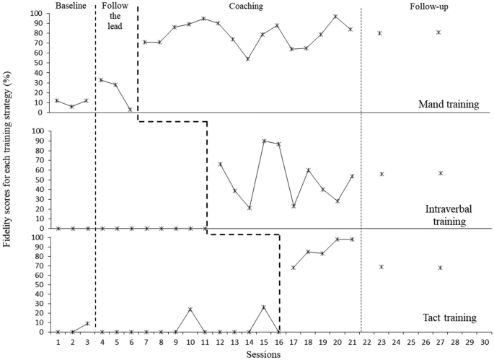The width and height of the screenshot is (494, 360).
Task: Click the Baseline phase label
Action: [x=71, y=6]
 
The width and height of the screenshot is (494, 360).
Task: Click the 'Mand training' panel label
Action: [x=449, y=105]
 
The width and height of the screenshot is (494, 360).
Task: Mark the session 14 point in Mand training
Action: [x=248, y=59]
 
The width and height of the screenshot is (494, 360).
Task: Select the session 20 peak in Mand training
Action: [x=336, y=17]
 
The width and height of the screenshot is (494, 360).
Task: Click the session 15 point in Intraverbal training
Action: [x=263, y=141]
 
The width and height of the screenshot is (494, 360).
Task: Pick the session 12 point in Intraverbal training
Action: [x=219, y=164]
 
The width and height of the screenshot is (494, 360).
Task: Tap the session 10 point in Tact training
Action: [x=190, y=309]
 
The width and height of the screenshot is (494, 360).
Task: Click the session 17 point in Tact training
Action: [x=293, y=268]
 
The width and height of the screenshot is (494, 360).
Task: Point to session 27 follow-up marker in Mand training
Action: [x=438, y=32]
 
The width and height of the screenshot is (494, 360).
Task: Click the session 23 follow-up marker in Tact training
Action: [x=380, y=267]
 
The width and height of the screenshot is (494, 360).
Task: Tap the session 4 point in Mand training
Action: [x=102, y=80]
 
